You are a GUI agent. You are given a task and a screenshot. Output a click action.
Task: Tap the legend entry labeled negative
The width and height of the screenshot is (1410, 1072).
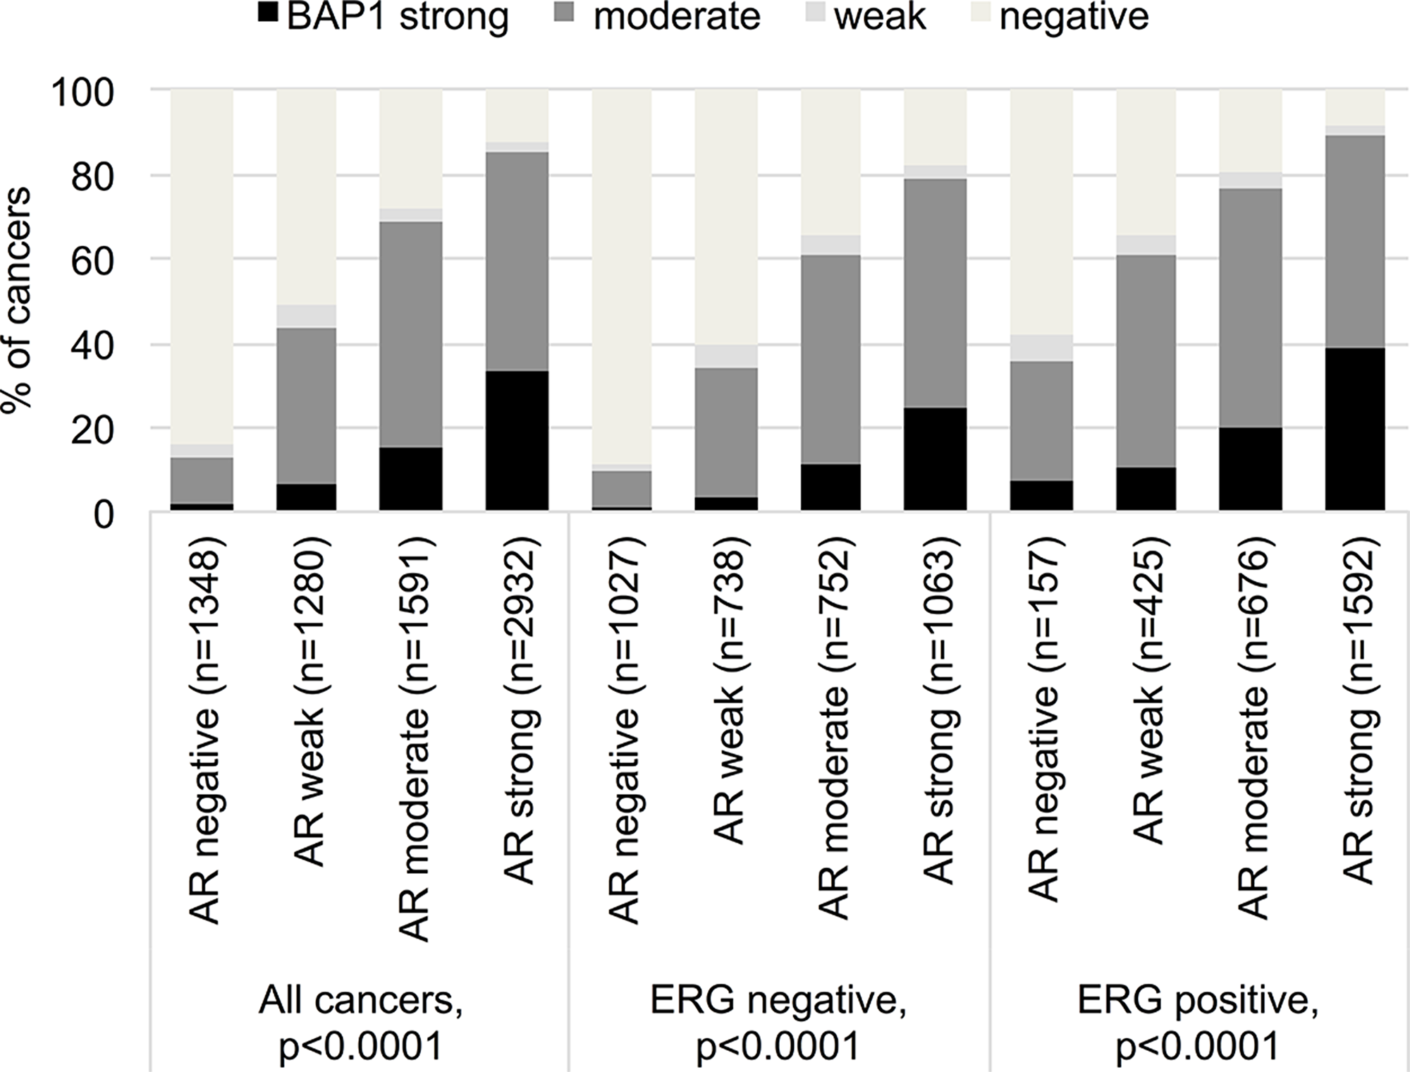1074,17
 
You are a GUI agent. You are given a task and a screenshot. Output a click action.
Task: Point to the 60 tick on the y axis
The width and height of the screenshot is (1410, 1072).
94,261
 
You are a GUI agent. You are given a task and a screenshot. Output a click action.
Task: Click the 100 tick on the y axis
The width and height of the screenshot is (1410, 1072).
83,92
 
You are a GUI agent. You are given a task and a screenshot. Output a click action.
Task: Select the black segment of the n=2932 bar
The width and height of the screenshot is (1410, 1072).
517,441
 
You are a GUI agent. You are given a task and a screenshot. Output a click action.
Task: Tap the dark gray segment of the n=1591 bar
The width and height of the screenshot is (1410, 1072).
411,334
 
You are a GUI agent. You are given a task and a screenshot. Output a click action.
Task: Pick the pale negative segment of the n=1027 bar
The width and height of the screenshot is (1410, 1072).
622,275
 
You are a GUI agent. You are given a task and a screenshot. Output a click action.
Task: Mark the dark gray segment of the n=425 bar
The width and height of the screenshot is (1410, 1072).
1146,360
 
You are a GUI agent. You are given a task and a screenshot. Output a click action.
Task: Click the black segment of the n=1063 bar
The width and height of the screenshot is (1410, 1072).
935,458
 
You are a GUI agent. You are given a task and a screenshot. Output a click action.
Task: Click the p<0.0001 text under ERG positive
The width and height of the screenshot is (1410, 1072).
1197,1047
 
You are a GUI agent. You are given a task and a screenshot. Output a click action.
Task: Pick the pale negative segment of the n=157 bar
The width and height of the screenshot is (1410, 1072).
1041,212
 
